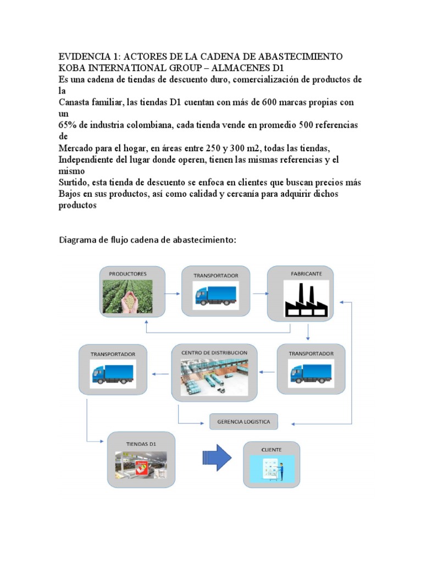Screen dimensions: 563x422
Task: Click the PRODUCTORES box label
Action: click(127, 273)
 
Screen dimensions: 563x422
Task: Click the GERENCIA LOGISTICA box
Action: click(243, 422)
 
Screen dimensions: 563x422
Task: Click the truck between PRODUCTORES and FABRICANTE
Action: click(215, 296)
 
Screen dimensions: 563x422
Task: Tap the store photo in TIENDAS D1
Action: click(141, 466)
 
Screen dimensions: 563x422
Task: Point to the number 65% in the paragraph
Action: click(68, 125)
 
